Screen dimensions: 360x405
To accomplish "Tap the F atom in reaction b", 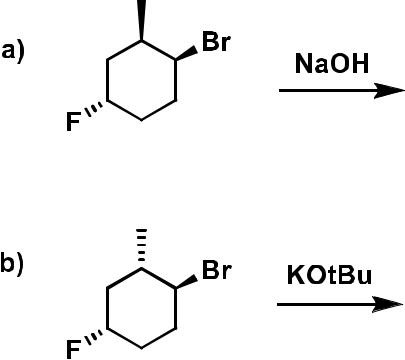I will coord(72,349).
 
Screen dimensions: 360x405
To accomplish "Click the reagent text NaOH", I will coord(330,64).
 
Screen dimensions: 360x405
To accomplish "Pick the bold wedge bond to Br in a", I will coord(186,52).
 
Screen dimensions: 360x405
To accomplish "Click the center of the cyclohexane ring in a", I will coord(141,81).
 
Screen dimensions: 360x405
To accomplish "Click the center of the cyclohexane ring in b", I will coord(141,306).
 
